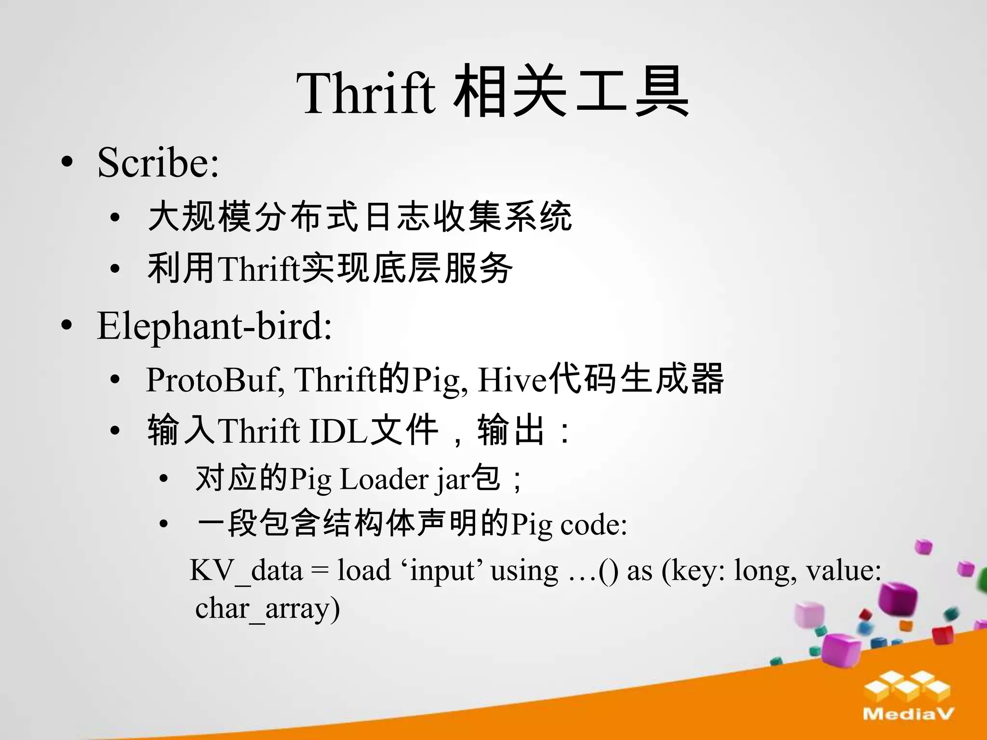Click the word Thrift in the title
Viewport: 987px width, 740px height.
pyautogui.click(x=366, y=93)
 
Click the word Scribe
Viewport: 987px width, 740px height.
pyautogui.click(x=158, y=162)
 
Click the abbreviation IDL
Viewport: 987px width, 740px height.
pyautogui.click(x=339, y=431)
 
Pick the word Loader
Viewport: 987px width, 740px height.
pyautogui.click(x=385, y=479)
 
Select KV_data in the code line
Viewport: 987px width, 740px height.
pyautogui.click(x=246, y=571)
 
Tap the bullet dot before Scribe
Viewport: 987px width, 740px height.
pyautogui.click(x=67, y=162)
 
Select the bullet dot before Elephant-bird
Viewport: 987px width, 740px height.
pyautogui.click(x=67, y=326)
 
